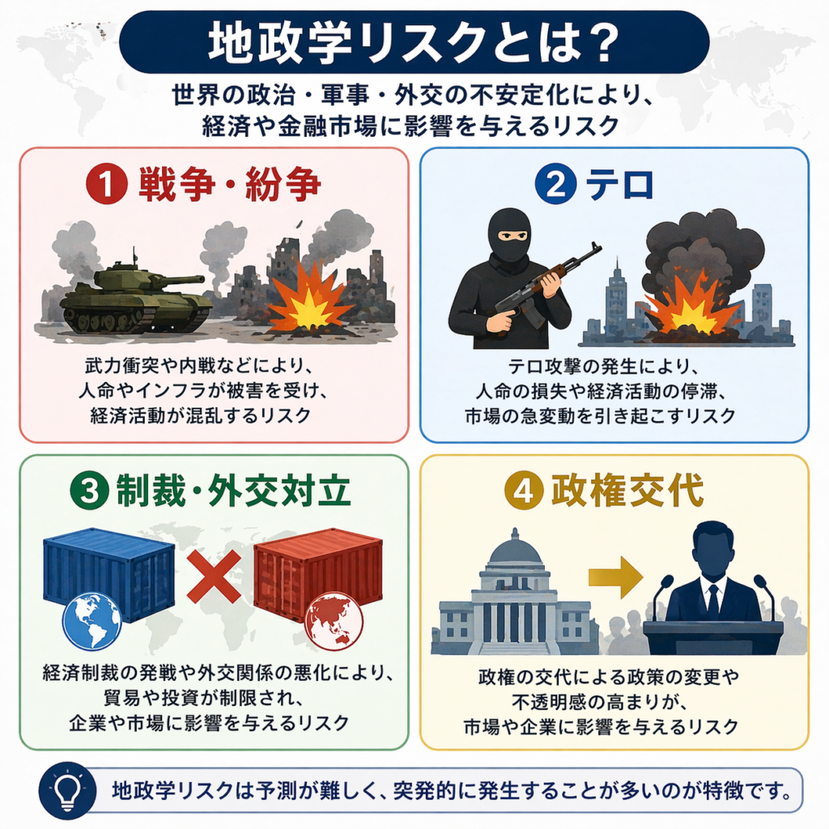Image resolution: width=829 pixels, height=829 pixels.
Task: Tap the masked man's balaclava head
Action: [x=509, y=235]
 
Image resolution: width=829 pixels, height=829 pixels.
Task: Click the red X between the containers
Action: [x=214, y=576]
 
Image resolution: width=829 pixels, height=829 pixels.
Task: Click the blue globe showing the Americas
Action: [x=91, y=621]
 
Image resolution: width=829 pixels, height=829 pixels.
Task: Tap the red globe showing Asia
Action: [x=334, y=621]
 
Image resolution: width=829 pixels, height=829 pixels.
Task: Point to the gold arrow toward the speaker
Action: [x=614, y=576]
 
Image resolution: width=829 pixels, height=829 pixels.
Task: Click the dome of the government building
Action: [x=516, y=551]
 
